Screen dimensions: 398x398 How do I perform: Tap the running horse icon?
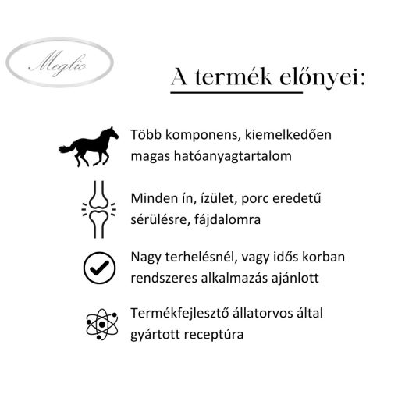point(89,146)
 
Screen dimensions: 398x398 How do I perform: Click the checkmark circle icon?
point(99,267)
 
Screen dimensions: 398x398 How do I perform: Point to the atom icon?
point(99,324)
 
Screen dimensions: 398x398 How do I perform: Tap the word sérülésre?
point(160,220)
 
